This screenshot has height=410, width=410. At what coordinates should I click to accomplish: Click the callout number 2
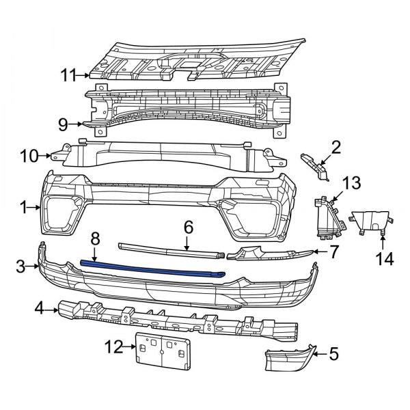[336, 146]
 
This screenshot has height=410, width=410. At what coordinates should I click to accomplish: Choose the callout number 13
[351, 182]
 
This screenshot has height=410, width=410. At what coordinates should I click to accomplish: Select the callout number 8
[95, 238]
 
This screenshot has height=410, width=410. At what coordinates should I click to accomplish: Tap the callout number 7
[333, 252]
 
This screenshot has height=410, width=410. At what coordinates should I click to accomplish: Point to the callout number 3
[23, 265]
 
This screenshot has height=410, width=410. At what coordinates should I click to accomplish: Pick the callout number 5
[334, 353]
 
